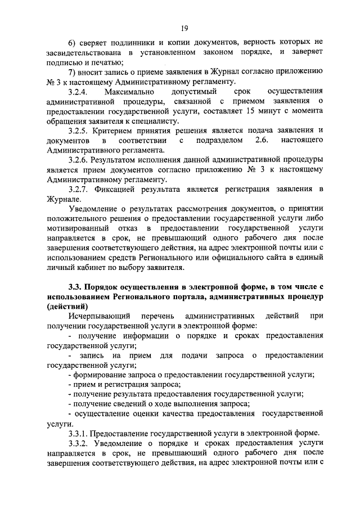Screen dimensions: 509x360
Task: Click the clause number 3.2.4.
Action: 78,91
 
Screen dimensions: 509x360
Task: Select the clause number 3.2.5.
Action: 79,130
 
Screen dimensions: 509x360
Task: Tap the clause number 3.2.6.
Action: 79,159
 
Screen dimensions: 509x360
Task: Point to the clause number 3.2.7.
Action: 79,188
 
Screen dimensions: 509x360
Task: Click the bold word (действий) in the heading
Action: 68,306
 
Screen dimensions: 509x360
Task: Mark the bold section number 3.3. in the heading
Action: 76,287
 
